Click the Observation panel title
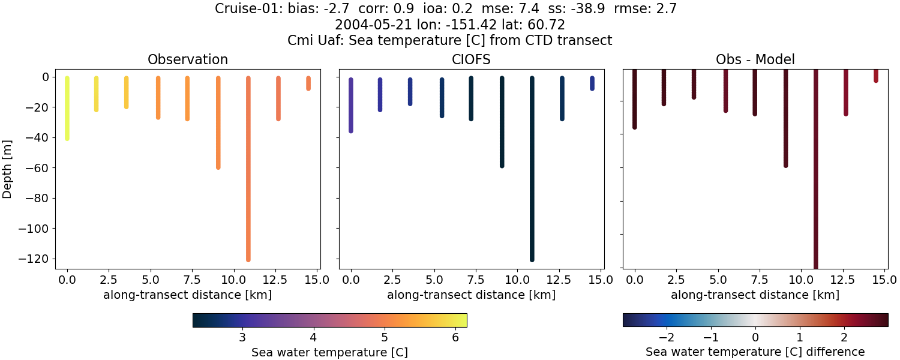pyautogui.click(x=187, y=59)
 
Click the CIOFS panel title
pyautogui.click(x=471, y=59)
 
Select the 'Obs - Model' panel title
pyautogui.click(x=755, y=59)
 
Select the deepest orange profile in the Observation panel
pyautogui.click(x=248, y=168)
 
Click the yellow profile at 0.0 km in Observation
pyautogui.click(x=67, y=108)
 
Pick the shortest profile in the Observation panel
pyautogui.click(x=308, y=83)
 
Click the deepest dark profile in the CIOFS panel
pyautogui.click(x=532, y=168)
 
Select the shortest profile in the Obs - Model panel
pyautogui.click(x=875, y=76)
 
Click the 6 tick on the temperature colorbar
pyautogui.click(x=455, y=337)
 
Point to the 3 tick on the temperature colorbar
pyautogui.click(x=242, y=337)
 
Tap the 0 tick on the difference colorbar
pyautogui.click(x=755, y=337)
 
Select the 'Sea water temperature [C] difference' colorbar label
pyautogui.click(x=755, y=352)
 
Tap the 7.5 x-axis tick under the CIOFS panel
pyautogui.click(x=471, y=280)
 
